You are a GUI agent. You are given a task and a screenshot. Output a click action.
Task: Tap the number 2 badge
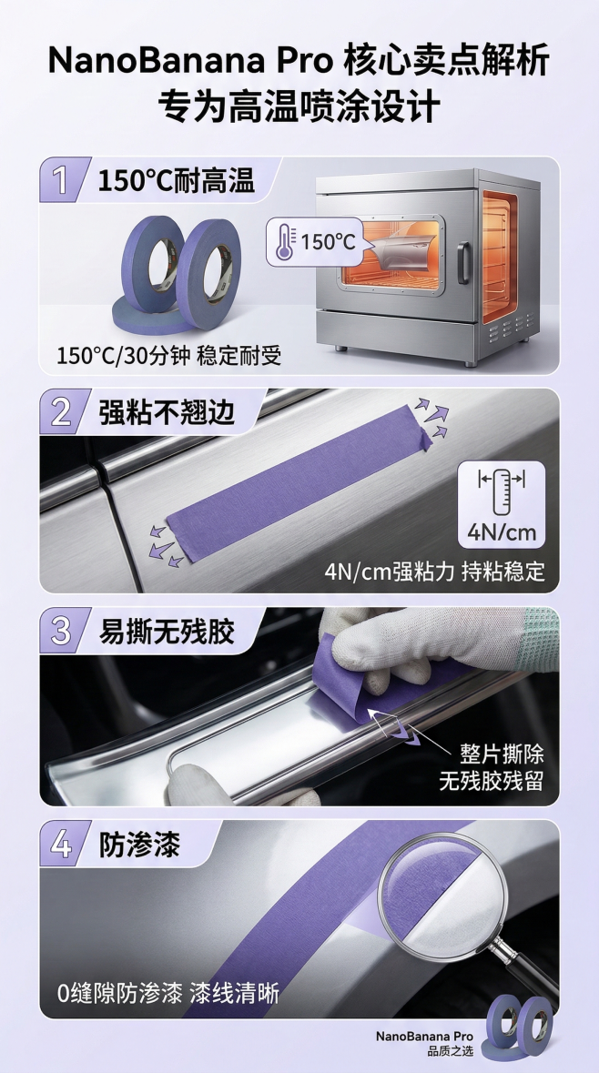pyautogui.click(x=61, y=411)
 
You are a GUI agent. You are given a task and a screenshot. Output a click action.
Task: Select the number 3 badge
pyautogui.click(x=61, y=631)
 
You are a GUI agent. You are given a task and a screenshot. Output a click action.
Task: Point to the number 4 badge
pyautogui.click(x=61, y=844)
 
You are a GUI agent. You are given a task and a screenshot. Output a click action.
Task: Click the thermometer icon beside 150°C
pyautogui.click(x=285, y=242)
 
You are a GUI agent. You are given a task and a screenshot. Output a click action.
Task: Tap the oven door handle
pyautogui.click(x=465, y=262)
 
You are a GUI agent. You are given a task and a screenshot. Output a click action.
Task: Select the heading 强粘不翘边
pyautogui.click(x=167, y=411)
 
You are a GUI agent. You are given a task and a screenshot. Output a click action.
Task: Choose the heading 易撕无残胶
pyautogui.click(x=167, y=631)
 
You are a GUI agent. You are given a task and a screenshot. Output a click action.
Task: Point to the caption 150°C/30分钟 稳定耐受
pyautogui.click(x=169, y=354)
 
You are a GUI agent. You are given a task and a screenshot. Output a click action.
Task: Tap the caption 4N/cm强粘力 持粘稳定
pyautogui.click(x=434, y=572)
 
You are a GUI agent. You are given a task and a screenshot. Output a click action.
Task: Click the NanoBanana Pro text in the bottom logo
pyautogui.click(x=424, y=1036)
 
